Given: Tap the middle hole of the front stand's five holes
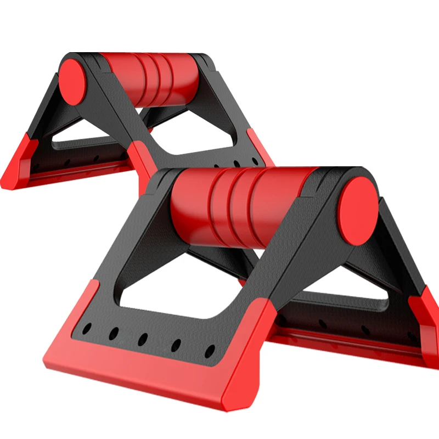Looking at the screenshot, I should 144,338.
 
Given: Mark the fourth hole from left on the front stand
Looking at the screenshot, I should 177,345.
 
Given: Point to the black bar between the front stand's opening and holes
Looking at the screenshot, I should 159,318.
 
